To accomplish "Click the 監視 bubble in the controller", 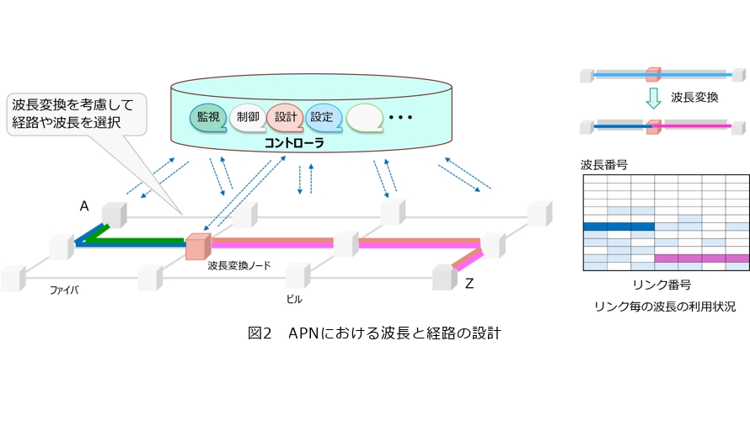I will point(207,116).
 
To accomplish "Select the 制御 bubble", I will point(247,116).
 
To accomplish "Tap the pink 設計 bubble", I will point(285,116).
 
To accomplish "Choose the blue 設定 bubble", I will point(322,116).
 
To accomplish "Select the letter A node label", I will point(84,205).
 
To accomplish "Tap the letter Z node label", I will point(469,284).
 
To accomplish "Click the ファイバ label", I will point(64,290).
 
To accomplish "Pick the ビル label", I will point(293,298).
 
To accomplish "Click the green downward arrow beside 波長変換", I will point(650,100).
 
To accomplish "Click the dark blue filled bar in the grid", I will point(618,226).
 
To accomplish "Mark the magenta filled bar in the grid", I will point(701,258).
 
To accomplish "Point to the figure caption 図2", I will point(260,333).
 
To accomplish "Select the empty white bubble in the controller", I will point(363,117).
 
